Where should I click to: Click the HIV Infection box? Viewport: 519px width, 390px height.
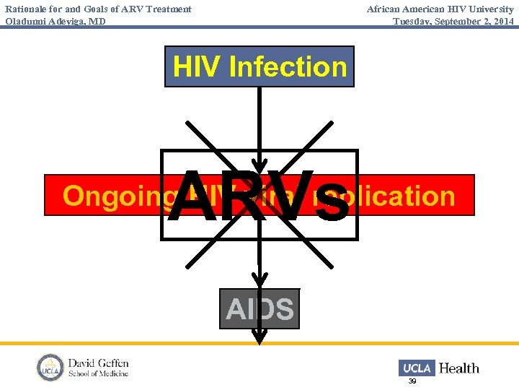(x=259, y=66)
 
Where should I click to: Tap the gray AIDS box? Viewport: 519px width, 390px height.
(x=259, y=309)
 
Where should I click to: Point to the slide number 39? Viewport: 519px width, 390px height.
(x=412, y=381)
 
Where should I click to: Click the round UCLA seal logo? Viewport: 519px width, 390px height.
(x=50, y=368)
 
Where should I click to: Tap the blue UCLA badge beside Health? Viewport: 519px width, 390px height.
(x=417, y=368)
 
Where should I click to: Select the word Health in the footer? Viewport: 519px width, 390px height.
(x=459, y=368)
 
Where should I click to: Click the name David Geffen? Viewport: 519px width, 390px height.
(x=99, y=363)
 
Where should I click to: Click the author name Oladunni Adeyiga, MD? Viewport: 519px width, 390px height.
(x=56, y=21)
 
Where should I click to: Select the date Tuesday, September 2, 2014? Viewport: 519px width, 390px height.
(x=453, y=21)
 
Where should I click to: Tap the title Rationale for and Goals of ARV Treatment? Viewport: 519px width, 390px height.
(x=99, y=9)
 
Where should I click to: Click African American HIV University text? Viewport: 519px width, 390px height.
(x=440, y=9)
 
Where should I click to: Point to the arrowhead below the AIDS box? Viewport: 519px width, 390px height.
(x=259, y=336)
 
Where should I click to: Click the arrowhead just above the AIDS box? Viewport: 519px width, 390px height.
(x=259, y=279)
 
